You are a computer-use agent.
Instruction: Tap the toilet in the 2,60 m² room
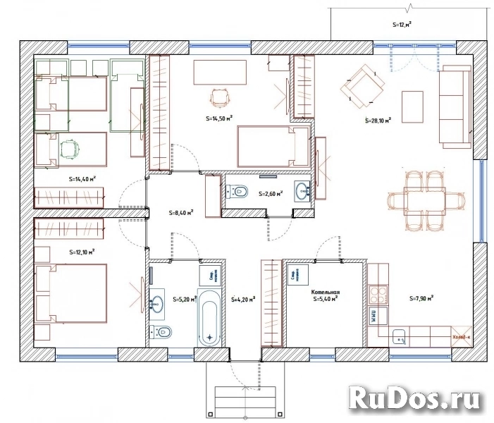point(237,191)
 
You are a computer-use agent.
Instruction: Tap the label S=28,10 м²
point(378,121)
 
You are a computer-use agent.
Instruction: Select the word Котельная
point(326,290)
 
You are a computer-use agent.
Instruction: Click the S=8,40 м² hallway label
point(182,211)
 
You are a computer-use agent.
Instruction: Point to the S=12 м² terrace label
point(402,23)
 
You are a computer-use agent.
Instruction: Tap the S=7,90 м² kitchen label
point(421,298)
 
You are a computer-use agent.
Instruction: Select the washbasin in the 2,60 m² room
point(304,191)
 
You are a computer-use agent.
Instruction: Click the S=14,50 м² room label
point(219,119)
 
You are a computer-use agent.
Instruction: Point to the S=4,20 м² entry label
point(242,300)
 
